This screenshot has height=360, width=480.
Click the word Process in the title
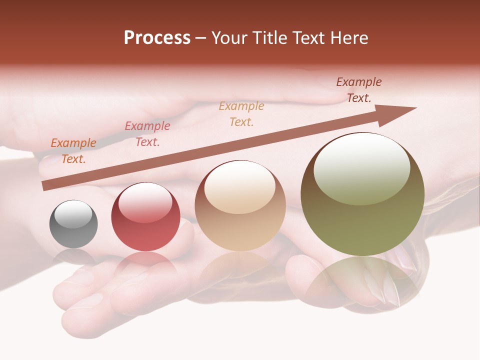[x=157, y=38]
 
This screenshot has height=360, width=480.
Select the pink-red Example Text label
[x=147, y=134]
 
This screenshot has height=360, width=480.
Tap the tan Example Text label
[x=241, y=113]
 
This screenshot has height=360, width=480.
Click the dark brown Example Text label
[x=359, y=90]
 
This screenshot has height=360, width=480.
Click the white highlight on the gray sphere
[x=73, y=213]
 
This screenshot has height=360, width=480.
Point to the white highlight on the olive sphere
[x=361, y=169]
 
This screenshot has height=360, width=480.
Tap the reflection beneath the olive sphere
[x=362, y=280]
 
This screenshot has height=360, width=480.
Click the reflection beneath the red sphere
[x=145, y=265]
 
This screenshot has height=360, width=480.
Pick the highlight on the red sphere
[x=145, y=202]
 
